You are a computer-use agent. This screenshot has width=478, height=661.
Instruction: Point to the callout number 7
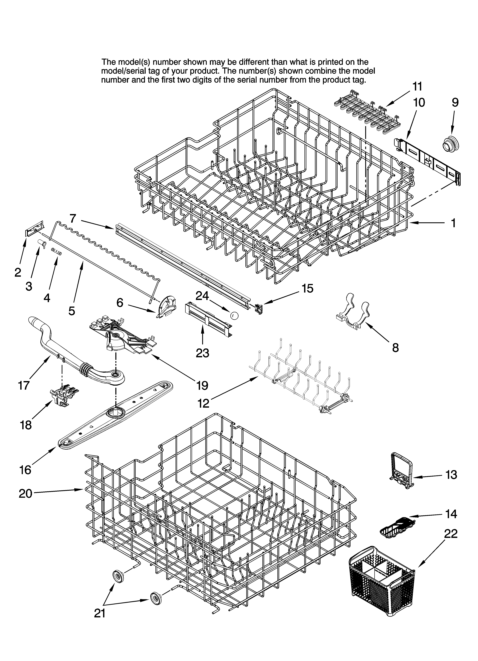coord(73,218)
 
